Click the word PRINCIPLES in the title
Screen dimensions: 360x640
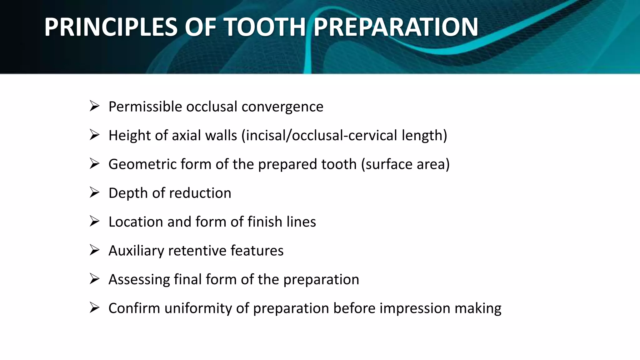(x=111, y=27)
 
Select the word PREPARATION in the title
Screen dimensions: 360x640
(x=396, y=27)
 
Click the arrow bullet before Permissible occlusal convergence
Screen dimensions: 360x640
(x=94, y=106)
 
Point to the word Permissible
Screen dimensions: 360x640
(x=145, y=107)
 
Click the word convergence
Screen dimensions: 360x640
(x=282, y=107)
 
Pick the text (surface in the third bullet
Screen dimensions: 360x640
(x=386, y=164)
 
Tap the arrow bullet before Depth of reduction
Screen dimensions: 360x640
(x=94, y=192)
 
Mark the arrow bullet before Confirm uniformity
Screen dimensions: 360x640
(x=94, y=307)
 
